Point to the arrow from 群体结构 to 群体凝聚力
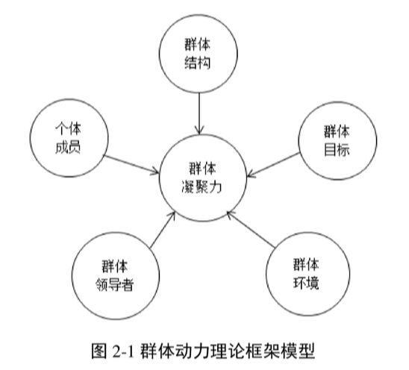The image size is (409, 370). pos(199,113)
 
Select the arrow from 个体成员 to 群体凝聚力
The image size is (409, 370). pos(131,164)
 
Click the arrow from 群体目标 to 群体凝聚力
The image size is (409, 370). pos(273,165)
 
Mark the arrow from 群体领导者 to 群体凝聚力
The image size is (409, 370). pos(163,230)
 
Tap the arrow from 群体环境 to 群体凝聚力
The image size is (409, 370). pos(251,229)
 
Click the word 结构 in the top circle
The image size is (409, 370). pos(198,63)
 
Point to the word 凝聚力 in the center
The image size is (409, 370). pos(202,186)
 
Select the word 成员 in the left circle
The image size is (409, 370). pos(68,147)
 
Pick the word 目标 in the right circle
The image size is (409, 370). pos(337,150)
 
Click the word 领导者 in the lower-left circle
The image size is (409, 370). pos(115,284)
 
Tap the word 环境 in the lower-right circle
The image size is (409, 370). pos(306,283)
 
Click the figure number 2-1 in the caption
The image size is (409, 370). pos(123,351)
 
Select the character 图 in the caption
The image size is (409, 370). pos(99,351)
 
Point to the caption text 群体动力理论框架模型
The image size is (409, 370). pos(228,351)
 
